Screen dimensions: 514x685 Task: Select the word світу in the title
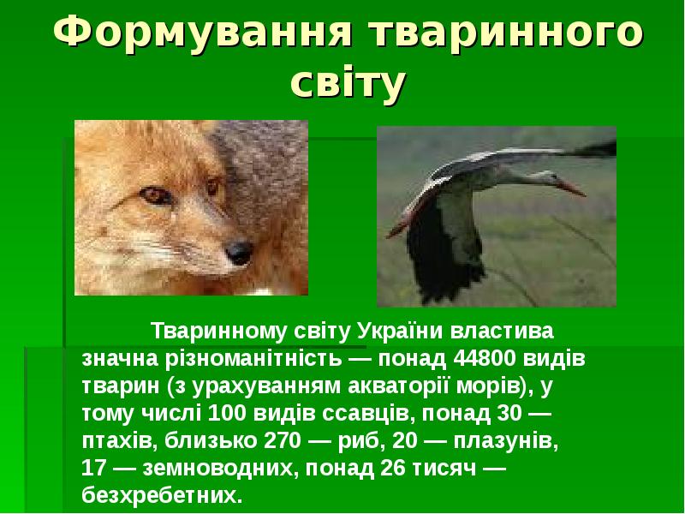pyautogui.click(x=346, y=84)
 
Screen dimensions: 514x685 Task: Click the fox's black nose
pyautogui.click(x=240, y=251)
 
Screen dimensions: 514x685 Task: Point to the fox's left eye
pyautogui.click(x=155, y=195)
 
